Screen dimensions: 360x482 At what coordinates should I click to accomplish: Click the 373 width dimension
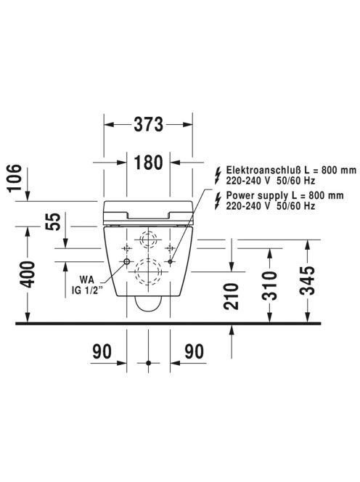click(x=148, y=125)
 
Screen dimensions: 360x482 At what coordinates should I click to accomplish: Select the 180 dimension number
click(x=148, y=163)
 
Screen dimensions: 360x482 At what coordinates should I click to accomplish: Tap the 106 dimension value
click(x=15, y=178)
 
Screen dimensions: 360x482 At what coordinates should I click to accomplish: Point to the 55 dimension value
click(x=53, y=221)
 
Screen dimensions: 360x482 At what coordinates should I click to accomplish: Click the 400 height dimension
click(x=28, y=274)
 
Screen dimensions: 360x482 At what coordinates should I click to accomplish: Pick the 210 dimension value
click(x=232, y=296)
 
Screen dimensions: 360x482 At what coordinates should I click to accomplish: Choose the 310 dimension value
click(x=269, y=285)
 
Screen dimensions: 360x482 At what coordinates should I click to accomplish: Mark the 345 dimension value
click(x=307, y=280)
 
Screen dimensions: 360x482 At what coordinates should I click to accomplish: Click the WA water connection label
click(x=87, y=279)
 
